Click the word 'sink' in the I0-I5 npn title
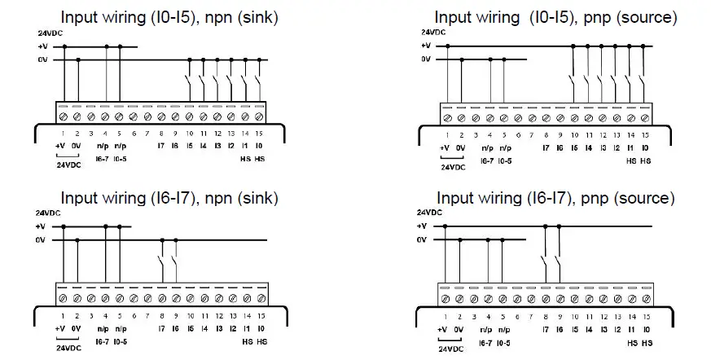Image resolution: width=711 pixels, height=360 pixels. pos(257,15)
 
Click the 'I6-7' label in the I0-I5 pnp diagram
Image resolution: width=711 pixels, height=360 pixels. pos(487,161)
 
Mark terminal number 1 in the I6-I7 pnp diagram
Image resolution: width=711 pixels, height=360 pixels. pos(445,315)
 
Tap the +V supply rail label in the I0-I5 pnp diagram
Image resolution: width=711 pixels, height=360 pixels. pos(425,46)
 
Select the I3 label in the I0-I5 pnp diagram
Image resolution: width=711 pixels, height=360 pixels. pos(602,147)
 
